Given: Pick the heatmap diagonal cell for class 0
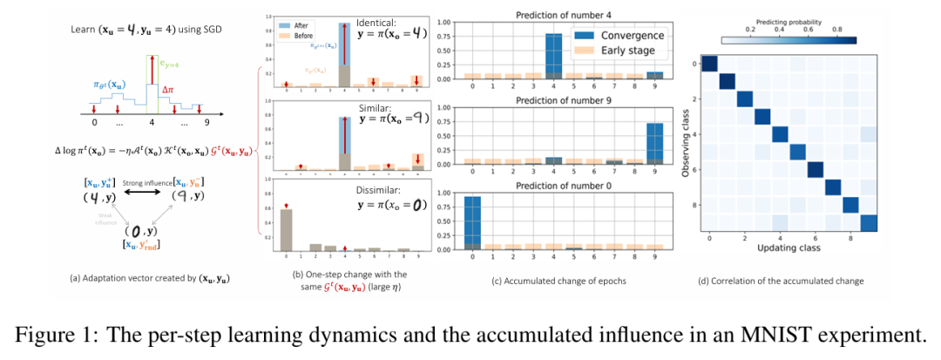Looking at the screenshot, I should pyautogui.click(x=710, y=64).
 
